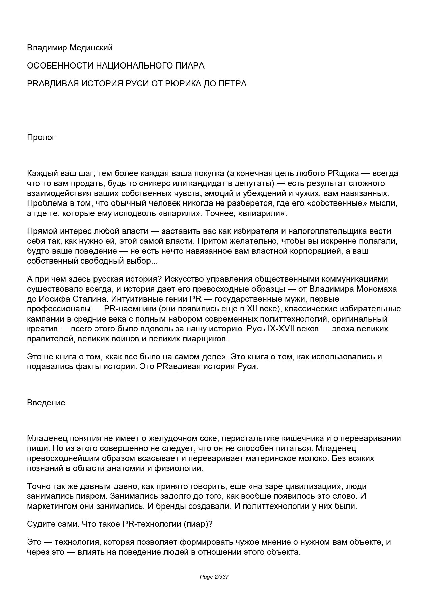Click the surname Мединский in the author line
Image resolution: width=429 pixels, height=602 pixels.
coord(91,48)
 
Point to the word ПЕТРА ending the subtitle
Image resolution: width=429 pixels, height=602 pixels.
coord(233,83)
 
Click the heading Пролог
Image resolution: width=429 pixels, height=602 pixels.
coord(41,137)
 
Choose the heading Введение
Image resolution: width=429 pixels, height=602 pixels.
coord(46,403)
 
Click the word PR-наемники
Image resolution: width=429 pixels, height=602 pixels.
coord(128,309)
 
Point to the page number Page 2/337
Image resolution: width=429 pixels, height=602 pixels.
coord(214,577)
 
